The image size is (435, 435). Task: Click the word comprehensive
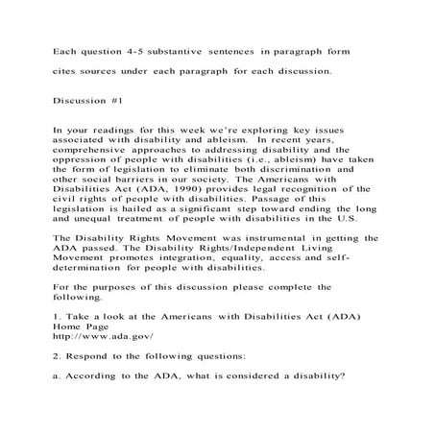coord(98,151)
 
